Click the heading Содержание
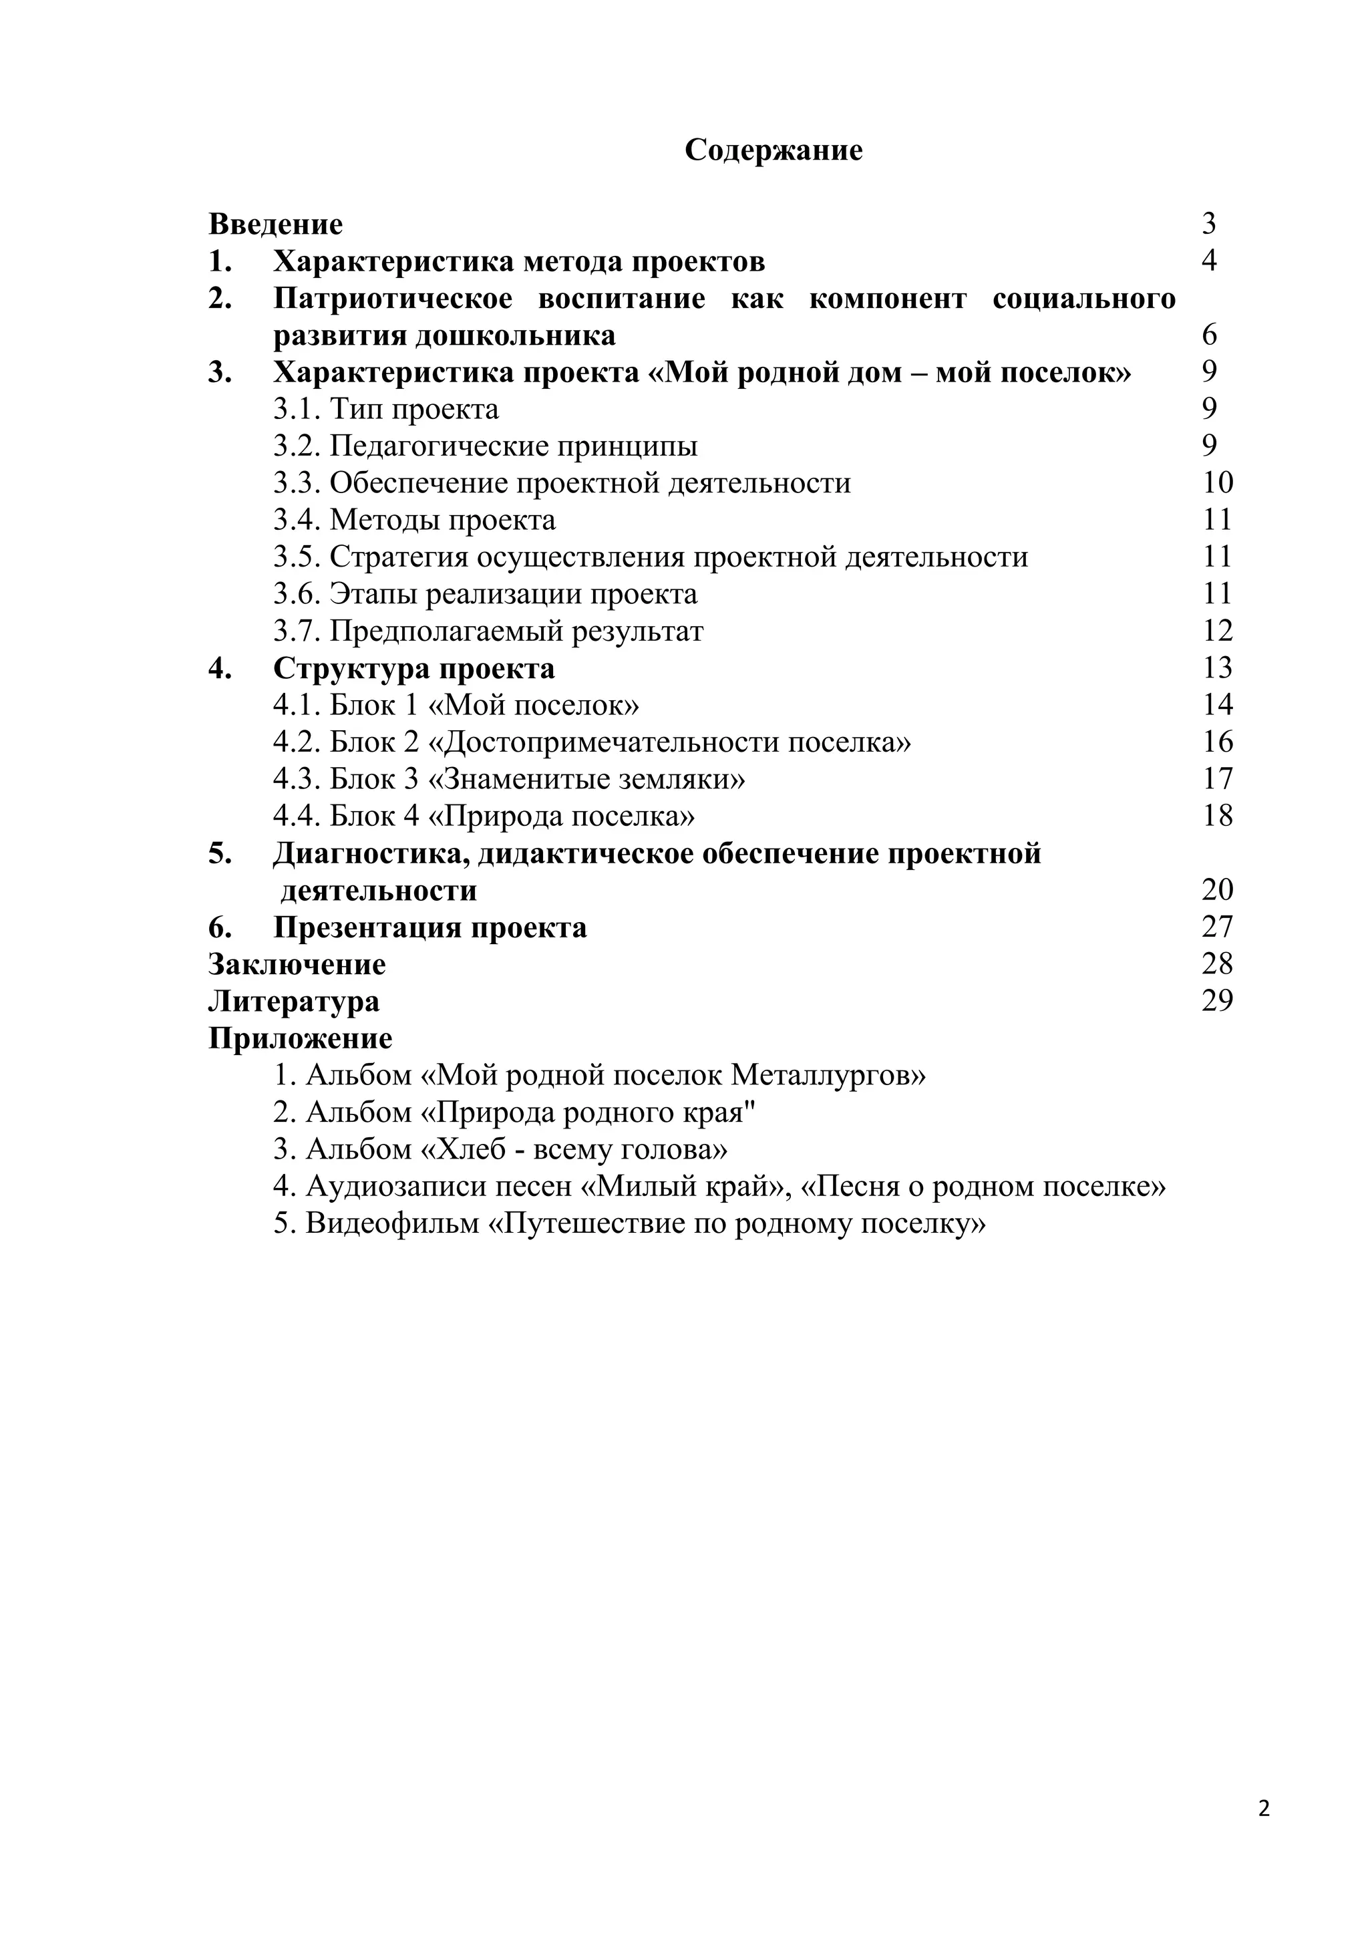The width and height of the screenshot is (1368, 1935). (x=774, y=150)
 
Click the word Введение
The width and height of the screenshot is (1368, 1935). (x=275, y=225)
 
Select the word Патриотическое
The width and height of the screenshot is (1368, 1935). (x=393, y=299)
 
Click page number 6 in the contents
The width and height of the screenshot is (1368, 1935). (x=1209, y=335)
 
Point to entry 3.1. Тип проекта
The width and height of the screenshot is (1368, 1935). (x=386, y=409)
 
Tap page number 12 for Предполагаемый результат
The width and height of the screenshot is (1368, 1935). (x=1217, y=630)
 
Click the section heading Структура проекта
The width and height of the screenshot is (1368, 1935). (x=413, y=668)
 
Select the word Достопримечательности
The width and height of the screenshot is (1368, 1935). (x=612, y=742)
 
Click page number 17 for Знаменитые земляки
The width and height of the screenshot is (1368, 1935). (x=1217, y=778)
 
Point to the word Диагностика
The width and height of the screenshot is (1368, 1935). (x=371, y=854)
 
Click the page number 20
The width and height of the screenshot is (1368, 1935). (x=1217, y=890)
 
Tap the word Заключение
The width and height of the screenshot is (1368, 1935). (x=297, y=964)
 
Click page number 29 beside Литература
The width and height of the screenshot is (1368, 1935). (x=1217, y=1000)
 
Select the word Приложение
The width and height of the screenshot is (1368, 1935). (x=300, y=1038)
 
